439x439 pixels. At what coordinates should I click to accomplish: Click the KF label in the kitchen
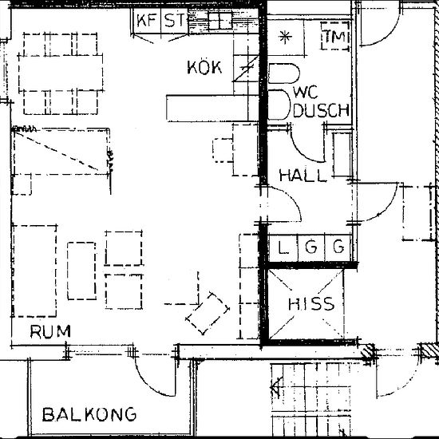[147, 21]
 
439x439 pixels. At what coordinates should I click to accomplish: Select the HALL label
[303, 176]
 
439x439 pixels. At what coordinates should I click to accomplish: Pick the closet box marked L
[283, 248]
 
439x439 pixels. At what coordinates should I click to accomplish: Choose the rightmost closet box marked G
[338, 248]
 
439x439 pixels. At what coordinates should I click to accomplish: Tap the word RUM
[49, 330]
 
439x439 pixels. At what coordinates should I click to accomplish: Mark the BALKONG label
[89, 414]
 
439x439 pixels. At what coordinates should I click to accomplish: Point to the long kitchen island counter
[211, 106]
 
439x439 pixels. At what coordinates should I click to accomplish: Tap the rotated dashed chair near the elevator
[208, 313]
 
